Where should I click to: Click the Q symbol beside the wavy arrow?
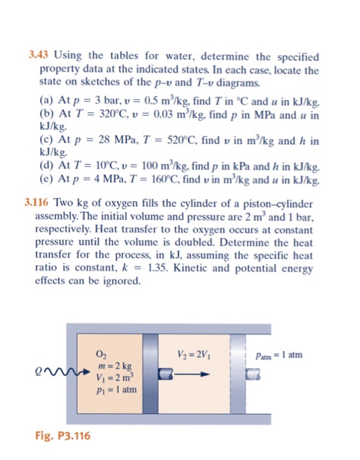pyautogui.click(x=49, y=376)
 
